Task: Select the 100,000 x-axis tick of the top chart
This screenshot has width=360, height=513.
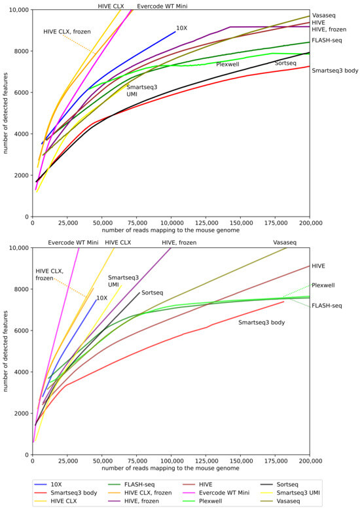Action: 171,223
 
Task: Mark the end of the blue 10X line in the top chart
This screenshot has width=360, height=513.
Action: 176,31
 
